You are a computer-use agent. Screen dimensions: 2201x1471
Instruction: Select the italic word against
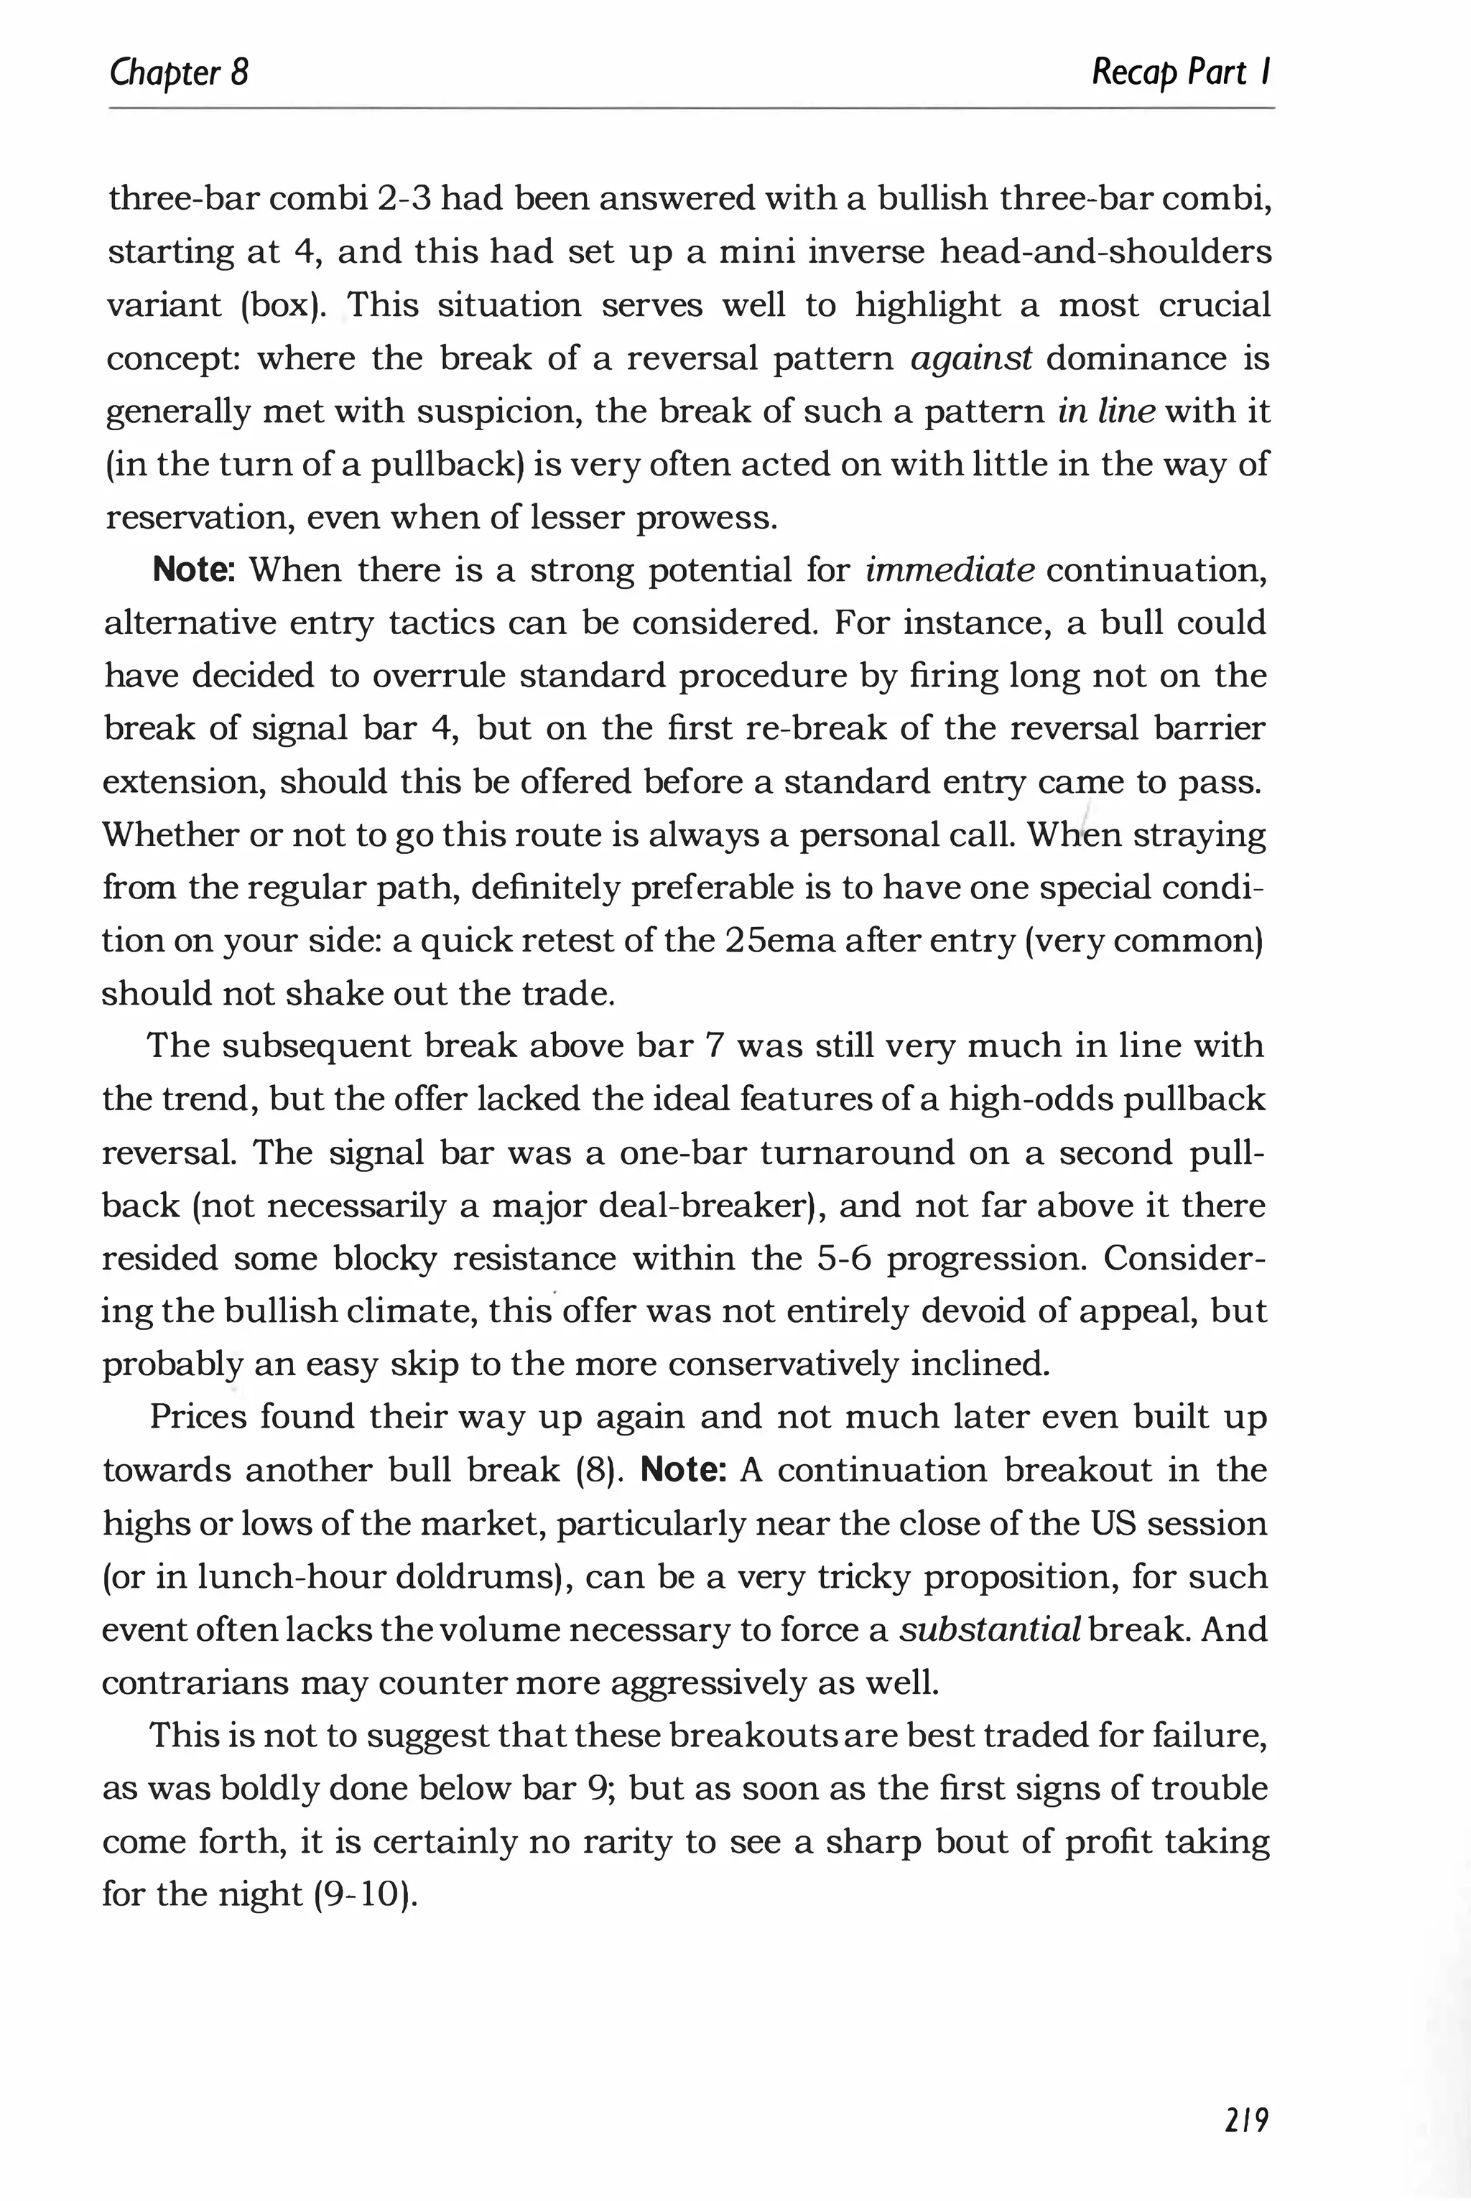pos(971,359)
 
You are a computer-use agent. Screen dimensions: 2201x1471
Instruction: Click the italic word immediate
pos(950,570)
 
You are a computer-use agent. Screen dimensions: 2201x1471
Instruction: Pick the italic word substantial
pos(990,1630)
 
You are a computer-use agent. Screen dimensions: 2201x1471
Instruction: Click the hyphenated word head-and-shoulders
pos(1105,252)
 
